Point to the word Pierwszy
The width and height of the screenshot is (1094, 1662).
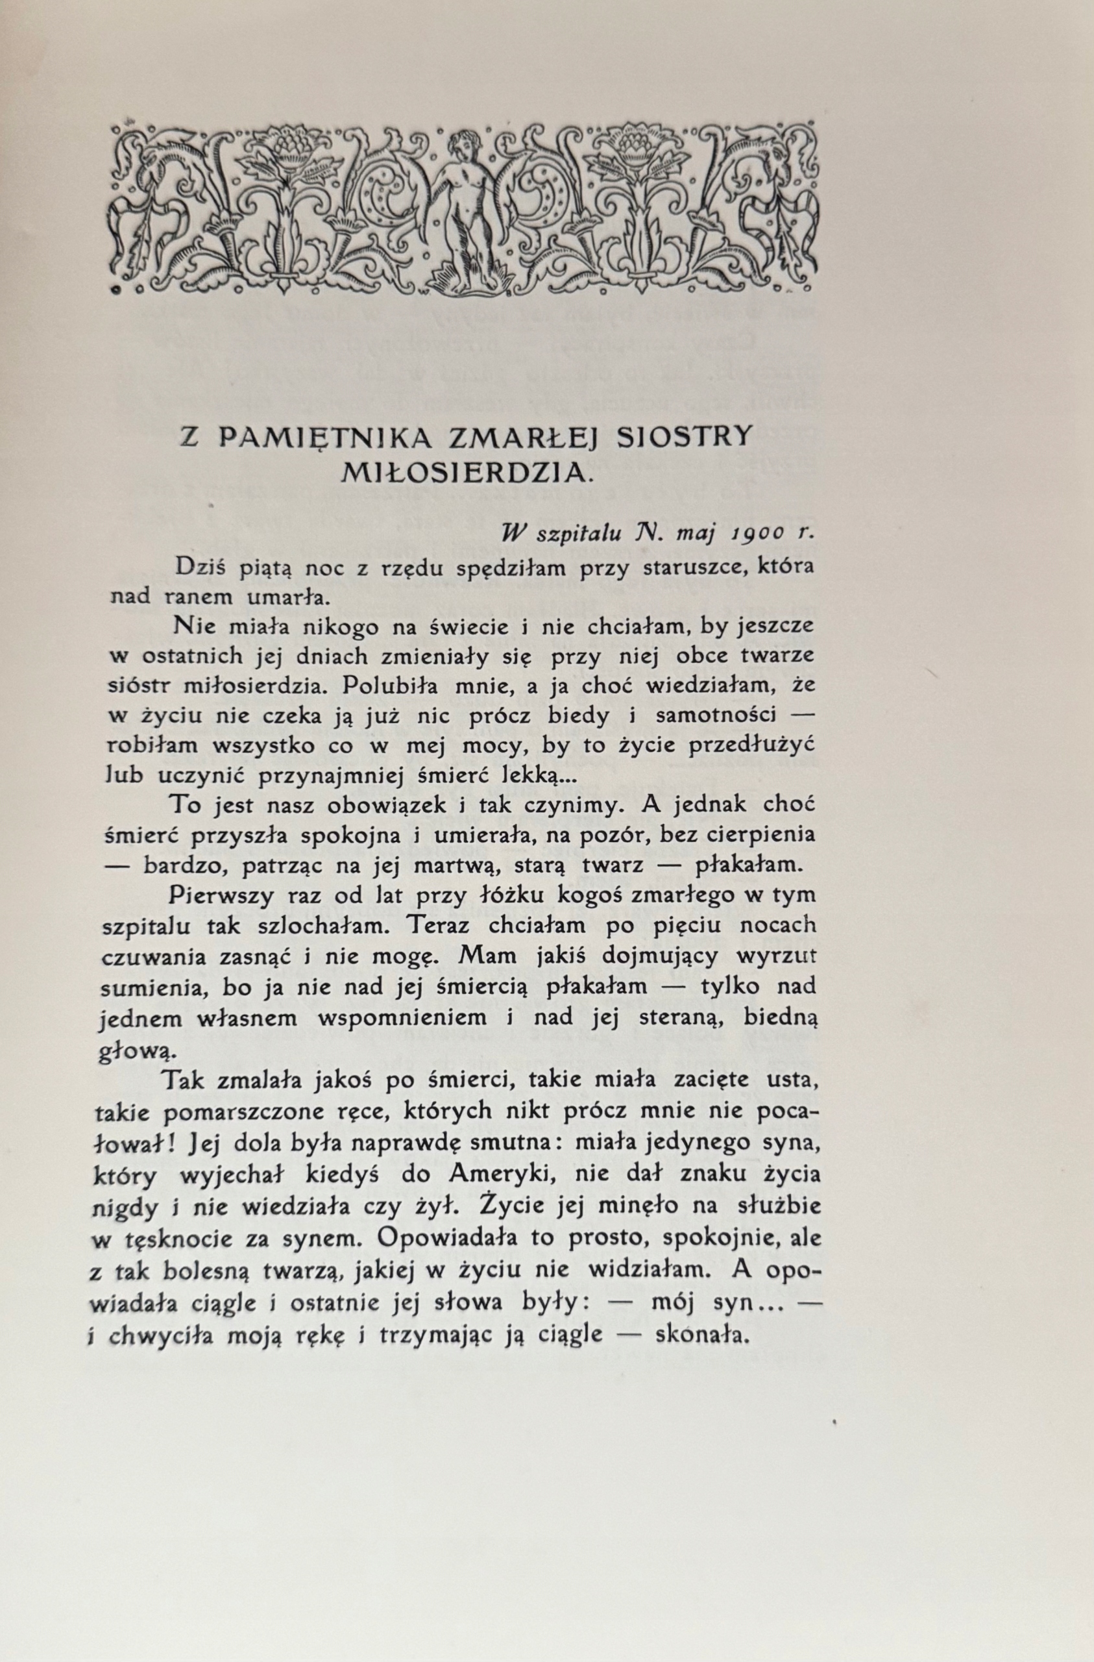coord(218,895)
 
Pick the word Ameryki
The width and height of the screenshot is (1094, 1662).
coord(502,1174)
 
